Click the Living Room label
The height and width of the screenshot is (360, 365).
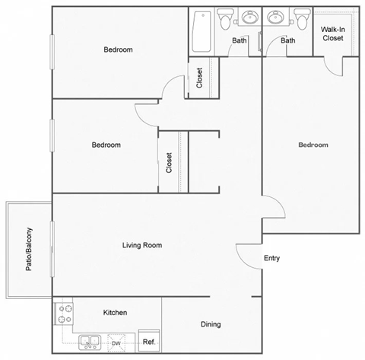click(x=142, y=245)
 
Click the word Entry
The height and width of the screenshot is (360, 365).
click(x=271, y=258)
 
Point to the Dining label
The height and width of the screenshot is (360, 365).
click(x=211, y=324)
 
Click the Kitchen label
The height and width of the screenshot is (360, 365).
click(x=115, y=313)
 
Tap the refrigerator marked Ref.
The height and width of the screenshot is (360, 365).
click(x=149, y=342)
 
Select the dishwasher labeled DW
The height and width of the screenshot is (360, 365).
click(x=116, y=343)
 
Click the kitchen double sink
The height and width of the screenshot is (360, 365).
click(x=89, y=342)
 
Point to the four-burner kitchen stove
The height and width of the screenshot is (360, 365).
click(x=63, y=314)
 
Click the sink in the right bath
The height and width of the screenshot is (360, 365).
click(x=274, y=18)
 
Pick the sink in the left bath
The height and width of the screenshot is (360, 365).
click(x=249, y=18)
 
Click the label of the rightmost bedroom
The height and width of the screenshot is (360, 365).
click(x=313, y=145)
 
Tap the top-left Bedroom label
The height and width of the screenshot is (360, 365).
click(x=118, y=49)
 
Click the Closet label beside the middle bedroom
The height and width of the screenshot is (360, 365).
click(x=168, y=164)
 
